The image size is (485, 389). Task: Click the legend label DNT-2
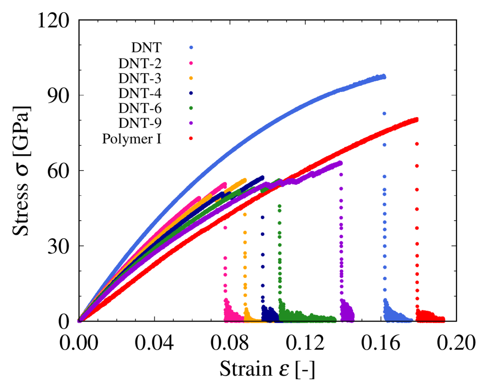click(140, 63)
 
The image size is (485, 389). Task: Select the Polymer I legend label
click(132, 139)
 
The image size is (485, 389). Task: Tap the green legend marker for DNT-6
click(191, 108)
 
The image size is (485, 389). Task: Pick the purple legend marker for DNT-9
click(191, 123)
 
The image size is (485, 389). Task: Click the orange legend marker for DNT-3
click(191, 78)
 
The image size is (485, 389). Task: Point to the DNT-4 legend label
click(140, 93)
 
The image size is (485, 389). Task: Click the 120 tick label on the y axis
click(53, 21)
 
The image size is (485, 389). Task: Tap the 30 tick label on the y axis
click(58, 247)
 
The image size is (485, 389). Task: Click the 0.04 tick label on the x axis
click(154, 343)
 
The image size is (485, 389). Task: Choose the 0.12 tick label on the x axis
click(305, 343)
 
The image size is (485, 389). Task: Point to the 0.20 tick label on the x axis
click(456, 343)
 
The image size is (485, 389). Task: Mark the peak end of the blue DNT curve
click(384, 76)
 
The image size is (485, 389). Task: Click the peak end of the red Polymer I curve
click(416, 120)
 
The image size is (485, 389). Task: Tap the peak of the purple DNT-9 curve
click(341, 163)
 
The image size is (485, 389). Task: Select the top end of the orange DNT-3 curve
click(244, 180)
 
